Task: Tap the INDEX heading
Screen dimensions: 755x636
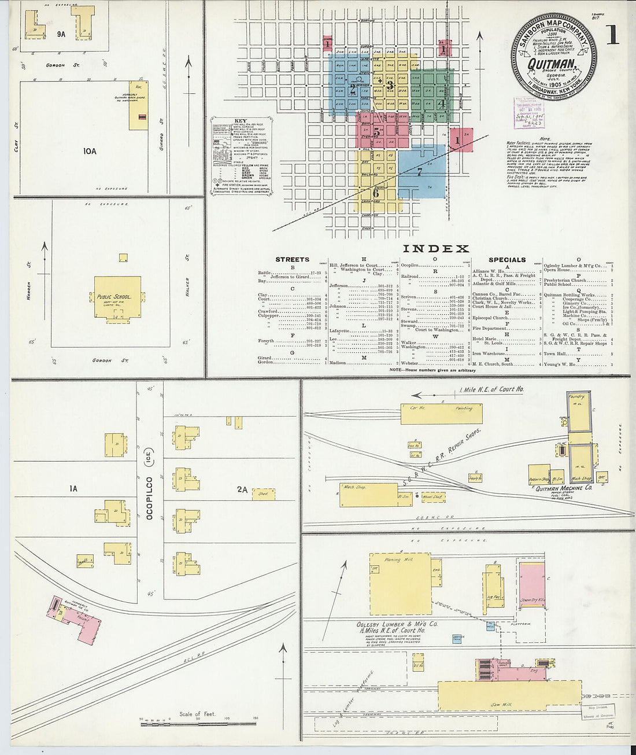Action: (435, 249)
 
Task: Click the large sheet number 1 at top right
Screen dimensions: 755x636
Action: (612, 35)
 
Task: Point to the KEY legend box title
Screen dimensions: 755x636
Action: (241, 121)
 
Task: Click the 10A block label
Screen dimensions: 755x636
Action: (89, 152)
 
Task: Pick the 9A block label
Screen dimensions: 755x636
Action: (61, 34)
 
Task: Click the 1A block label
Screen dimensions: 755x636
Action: (73, 489)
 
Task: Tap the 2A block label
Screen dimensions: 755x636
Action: (242, 489)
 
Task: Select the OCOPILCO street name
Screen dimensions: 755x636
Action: (149, 498)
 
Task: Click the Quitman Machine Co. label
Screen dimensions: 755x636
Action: (563, 488)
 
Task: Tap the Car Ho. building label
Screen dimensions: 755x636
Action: (418, 408)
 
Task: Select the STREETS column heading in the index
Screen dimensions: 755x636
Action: (292, 260)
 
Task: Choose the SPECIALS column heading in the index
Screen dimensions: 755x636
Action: (507, 260)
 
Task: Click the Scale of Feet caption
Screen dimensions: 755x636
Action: (197, 714)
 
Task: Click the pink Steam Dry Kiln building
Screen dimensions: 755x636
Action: (532, 584)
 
